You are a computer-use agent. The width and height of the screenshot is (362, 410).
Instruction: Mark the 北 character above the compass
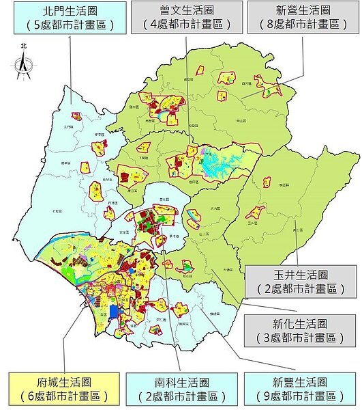(24, 46)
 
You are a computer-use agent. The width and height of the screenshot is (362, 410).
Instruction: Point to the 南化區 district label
(297, 230)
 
